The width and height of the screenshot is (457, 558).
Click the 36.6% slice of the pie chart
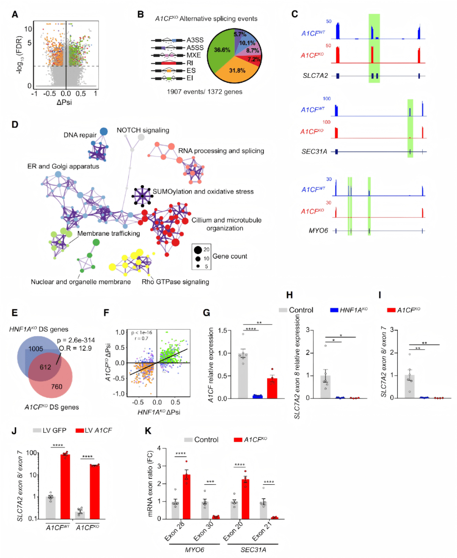point(221,51)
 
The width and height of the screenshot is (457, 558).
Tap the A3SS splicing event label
point(195,40)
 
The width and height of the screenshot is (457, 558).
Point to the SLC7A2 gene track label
point(315,76)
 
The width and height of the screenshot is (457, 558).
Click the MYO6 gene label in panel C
point(318,231)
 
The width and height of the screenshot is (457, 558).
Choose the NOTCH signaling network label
point(143,130)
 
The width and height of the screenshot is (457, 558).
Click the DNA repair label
point(80,135)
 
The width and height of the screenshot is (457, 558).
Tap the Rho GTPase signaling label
point(175,282)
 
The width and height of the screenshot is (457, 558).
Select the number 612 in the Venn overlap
point(45,367)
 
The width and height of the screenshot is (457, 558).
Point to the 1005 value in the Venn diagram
point(36,349)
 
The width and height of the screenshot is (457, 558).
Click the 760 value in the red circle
point(57,387)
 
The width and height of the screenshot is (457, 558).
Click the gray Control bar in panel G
point(243,377)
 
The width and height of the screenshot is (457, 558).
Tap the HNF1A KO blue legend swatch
point(334,310)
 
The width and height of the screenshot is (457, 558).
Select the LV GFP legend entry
point(50,430)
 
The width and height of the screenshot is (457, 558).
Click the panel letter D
point(15,124)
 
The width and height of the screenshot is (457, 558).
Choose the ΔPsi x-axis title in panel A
point(64,102)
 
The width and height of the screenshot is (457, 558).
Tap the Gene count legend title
point(230,256)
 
